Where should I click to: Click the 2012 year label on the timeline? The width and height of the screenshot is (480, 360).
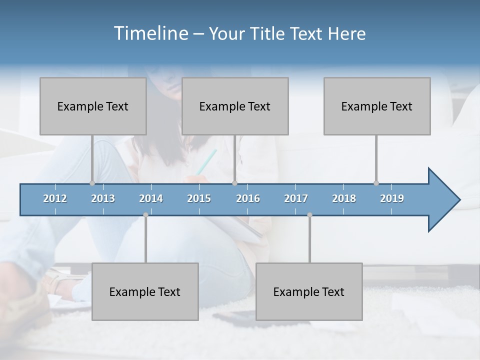(55, 198)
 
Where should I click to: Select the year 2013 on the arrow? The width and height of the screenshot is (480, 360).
(103, 198)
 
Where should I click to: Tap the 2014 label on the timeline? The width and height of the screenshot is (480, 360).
(151, 198)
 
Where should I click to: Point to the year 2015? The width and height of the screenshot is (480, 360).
(199, 198)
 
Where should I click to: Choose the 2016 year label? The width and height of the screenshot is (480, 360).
(248, 198)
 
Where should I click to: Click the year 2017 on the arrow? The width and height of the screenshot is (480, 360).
(296, 198)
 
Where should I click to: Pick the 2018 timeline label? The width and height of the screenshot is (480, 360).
(344, 198)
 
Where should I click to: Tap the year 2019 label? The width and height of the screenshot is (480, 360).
(392, 198)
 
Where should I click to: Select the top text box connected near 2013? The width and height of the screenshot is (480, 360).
(93, 106)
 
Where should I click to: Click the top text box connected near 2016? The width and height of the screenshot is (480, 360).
(235, 106)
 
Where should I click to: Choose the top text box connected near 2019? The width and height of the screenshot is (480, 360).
(377, 106)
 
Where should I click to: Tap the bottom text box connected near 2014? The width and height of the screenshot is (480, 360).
(145, 291)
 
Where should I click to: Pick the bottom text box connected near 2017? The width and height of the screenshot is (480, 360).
(309, 291)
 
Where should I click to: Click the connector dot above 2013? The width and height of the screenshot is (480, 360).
(92, 183)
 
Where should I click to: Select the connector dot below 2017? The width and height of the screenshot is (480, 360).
(309, 215)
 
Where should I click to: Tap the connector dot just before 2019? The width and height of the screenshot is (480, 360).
(376, 183)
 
